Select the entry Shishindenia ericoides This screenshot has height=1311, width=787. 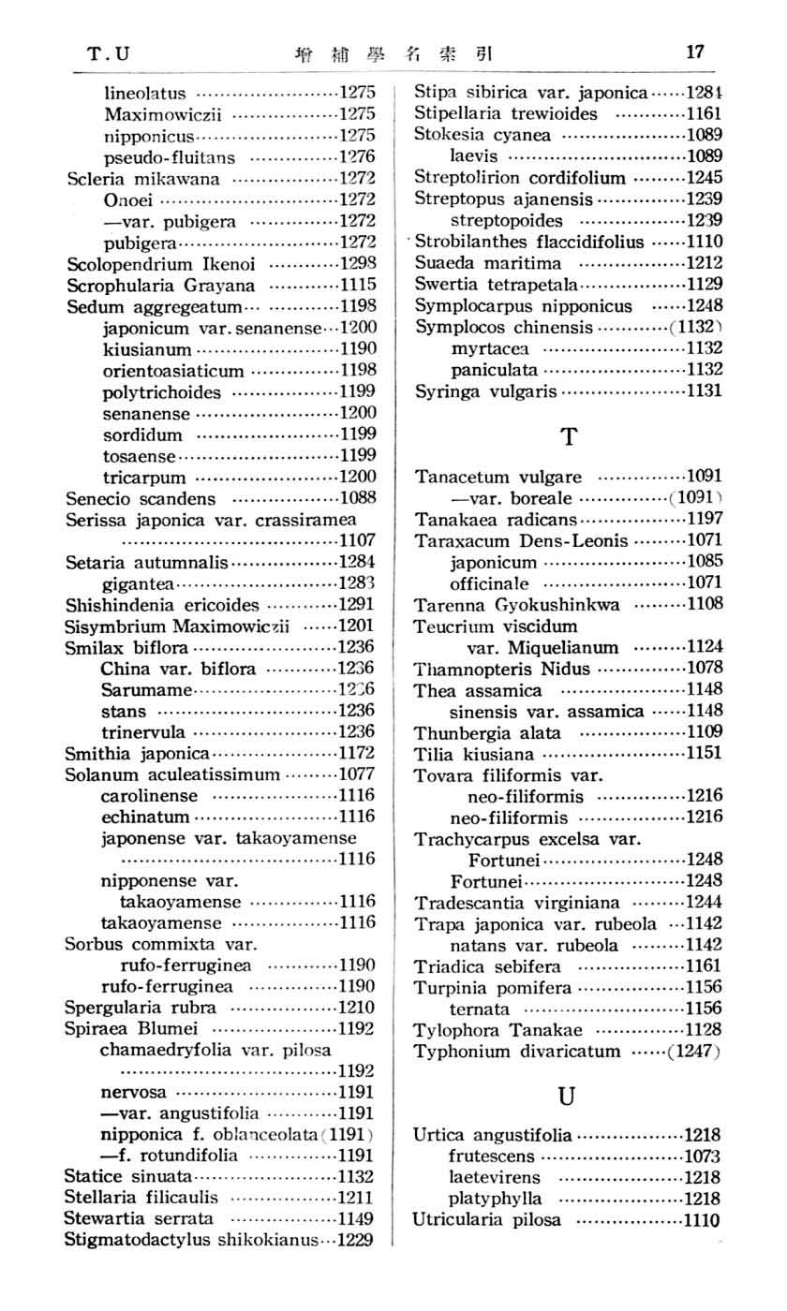point(162,604)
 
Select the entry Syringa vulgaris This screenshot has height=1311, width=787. point(486,390)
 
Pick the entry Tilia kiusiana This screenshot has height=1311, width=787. point(475,753)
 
